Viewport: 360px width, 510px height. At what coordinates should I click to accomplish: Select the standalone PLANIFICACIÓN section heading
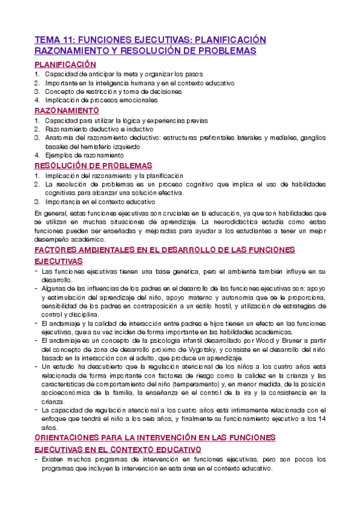tap(65, 64)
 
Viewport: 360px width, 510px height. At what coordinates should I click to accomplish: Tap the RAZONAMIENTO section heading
tap(67, 111)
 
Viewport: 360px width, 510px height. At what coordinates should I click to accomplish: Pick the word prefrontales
tap(220, 138)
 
